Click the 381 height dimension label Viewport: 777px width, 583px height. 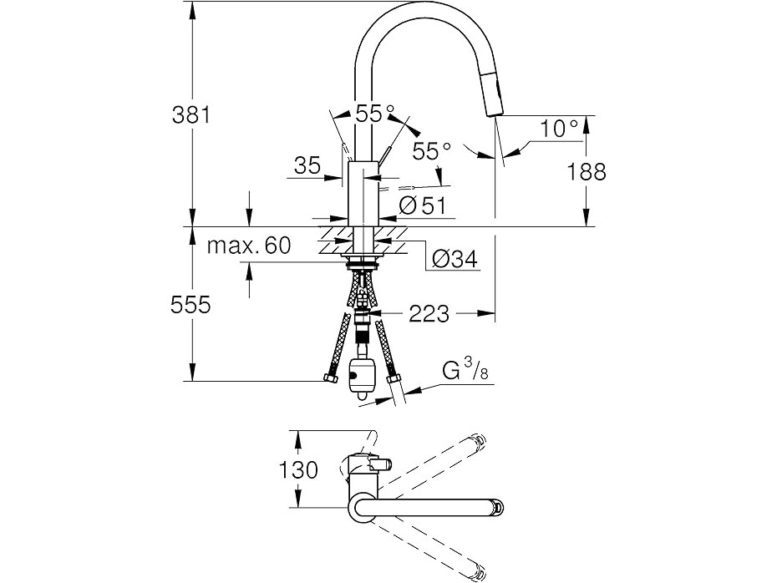coord(191,115)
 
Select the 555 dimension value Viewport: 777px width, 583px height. coord(190,305)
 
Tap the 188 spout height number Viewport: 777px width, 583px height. coord(587,172)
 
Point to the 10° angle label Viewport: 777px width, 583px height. coord(559,129)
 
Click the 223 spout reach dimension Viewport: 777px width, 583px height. coord(429,313)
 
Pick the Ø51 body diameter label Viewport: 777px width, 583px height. coord(422,205)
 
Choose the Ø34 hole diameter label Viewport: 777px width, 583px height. coord(455,258)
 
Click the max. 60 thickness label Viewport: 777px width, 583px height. coord(249,245)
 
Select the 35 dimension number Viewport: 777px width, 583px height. coord(307,165)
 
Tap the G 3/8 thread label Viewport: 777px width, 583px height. coord(465,371)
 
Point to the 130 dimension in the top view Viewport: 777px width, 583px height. coord(297,469)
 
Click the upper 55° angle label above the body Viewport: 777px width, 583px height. coord(375,114)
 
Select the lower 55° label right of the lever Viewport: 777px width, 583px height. coord(432,150)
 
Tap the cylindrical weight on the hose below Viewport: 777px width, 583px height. coord(361,377)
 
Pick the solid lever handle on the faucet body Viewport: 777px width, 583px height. coord(384,159)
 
